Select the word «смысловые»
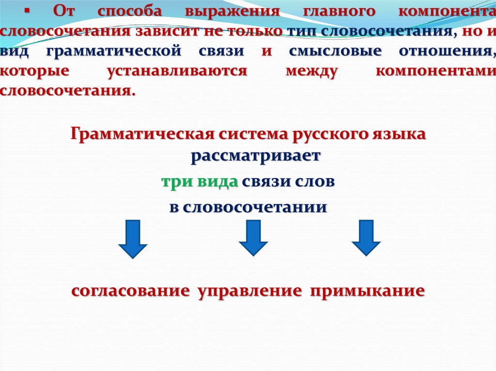[335, 51]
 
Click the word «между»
[311, 71]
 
